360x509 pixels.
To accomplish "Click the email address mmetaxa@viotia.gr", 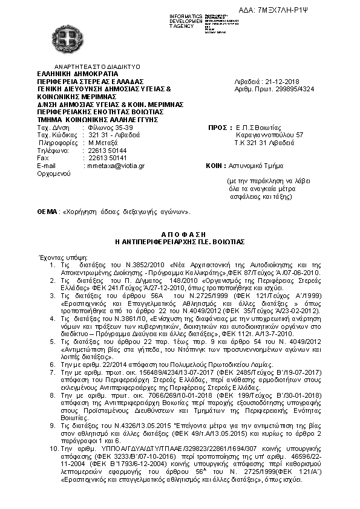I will [x=116, y=165].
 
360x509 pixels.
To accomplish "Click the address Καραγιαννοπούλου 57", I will [x=269, y=135].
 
